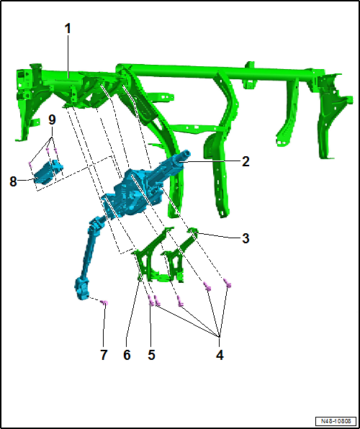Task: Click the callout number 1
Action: [x=68, y=29]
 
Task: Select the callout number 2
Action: [x=246, y=162]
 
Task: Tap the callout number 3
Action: [x=246, y=238]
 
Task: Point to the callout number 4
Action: [x=220, y=356]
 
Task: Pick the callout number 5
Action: [x=151, y=356]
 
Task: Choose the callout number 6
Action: [x=127, y=356]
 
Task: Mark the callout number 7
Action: [x=103, y=356]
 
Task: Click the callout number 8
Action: [x=13, y=181]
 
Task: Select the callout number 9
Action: [x=52, y=119]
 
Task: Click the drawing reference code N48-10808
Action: [x=336, y=421]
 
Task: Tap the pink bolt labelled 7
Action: [x=104, y=302]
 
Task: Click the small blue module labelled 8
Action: [x=47, y=172]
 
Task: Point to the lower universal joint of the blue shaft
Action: [x=81, y=289]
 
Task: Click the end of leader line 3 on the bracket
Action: [x=196, y=232]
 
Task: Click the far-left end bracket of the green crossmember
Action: [x=27, y=101]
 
